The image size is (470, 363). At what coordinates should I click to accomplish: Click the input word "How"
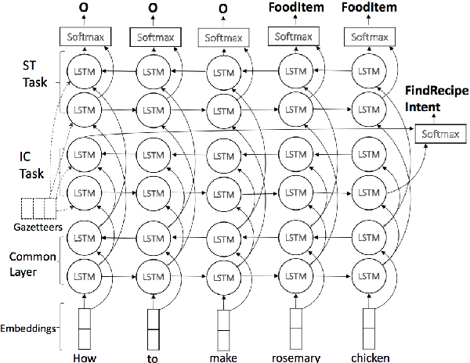coord(84,358)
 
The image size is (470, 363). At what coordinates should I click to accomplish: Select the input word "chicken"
coord(370,358)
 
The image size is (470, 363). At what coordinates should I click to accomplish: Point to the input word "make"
coord(224,358)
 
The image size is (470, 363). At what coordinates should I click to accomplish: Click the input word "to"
coord(154,358)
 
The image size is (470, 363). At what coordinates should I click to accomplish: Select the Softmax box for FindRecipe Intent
coord(437,134)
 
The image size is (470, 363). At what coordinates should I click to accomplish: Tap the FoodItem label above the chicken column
coord(369,9)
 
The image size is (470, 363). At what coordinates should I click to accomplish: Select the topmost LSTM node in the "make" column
coord(225,72)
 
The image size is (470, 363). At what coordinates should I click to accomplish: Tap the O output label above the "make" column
coord(224,9)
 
